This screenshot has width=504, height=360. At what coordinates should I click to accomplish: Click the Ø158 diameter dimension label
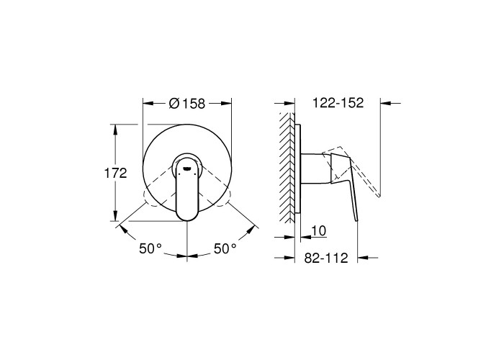tap(186, 104)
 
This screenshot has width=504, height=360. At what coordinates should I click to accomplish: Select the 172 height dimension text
tap(116, 174)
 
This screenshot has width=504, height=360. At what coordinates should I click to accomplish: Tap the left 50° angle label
tap(150, 248)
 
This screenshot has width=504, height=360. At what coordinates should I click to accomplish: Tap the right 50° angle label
tap(225, 248)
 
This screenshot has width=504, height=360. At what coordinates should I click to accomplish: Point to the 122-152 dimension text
tap(338, 103)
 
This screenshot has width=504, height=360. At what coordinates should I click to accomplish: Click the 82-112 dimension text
tap(326, 258)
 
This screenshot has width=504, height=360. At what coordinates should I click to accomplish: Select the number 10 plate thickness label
tap(318, 231)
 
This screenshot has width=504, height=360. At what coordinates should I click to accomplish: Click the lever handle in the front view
tap(187, 187)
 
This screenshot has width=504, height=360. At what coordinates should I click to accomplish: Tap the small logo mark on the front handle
tap(187, 168)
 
